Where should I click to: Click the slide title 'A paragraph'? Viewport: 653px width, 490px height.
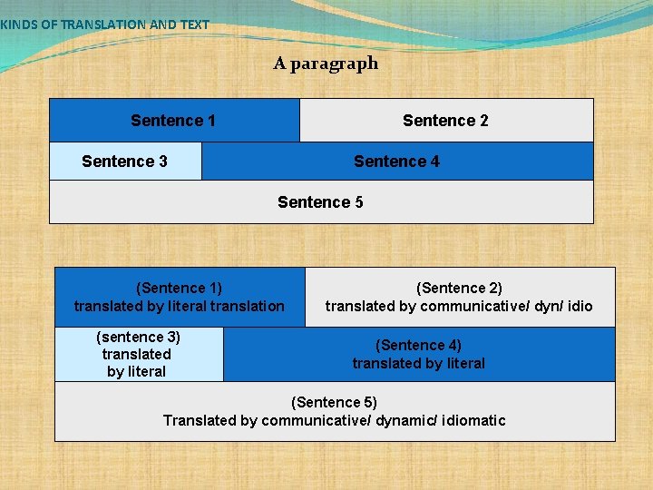[x=326, y=64]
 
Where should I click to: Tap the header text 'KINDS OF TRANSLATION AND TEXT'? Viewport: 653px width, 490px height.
[x=104, y=24]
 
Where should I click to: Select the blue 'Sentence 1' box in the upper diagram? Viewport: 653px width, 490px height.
[x=173, y=121]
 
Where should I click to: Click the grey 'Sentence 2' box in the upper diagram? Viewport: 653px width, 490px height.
[x=445, y=121]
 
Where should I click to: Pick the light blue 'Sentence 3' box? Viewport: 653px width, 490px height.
[x=124, y=162]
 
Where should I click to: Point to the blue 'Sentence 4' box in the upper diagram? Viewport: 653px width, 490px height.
[x=396, y=162]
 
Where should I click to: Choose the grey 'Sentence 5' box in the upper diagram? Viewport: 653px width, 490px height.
[x=320, y=202]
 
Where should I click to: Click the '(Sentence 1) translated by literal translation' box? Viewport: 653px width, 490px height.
[x=180, y=297]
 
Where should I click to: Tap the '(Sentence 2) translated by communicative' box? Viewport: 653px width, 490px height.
[x=459, y=297]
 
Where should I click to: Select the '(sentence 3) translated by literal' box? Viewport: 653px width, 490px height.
[x=137, y=354]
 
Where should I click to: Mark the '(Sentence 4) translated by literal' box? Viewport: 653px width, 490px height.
[x=418, y=354]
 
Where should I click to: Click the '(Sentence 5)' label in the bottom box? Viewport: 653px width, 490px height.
[x=334, y=402]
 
